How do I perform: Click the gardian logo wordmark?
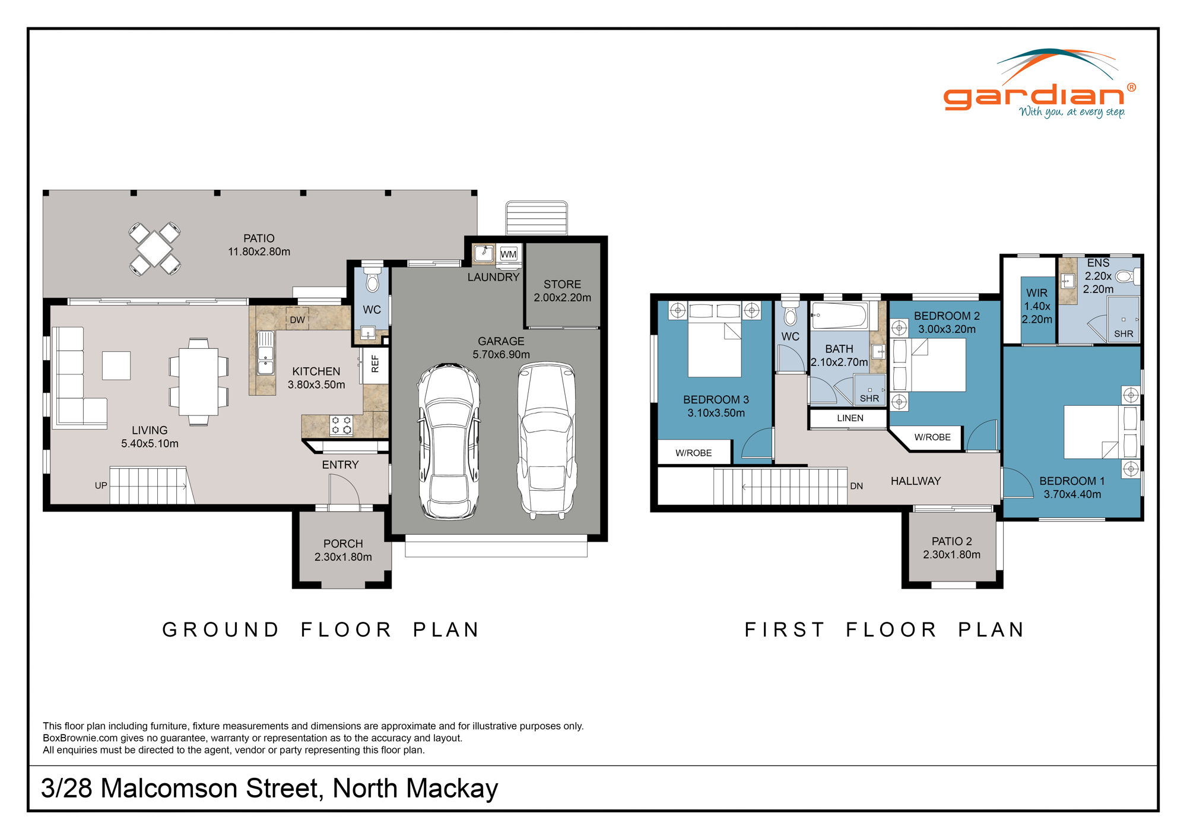pos(1033,96)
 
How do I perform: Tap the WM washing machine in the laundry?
pos(508,255)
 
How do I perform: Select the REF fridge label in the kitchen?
pos(374,364)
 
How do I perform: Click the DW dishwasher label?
pos(297,320)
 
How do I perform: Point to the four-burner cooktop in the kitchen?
pos(341,425)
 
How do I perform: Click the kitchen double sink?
pos(265,354)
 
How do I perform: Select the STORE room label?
pos(562,284)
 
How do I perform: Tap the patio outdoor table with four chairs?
pos(154,249)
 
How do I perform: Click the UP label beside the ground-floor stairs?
pos(101,485)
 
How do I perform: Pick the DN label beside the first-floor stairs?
pos(856,486)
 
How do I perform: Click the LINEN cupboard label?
pos(850,418)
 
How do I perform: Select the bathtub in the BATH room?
pos(839,316)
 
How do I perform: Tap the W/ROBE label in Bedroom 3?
pos(693,453)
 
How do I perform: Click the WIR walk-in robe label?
pos(1037,293)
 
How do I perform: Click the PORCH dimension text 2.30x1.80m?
pos(343,557)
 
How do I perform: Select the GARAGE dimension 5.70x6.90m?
pos(501,354)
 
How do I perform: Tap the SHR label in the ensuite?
pos(1123,334)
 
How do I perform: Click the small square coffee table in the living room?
pos(116,366)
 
